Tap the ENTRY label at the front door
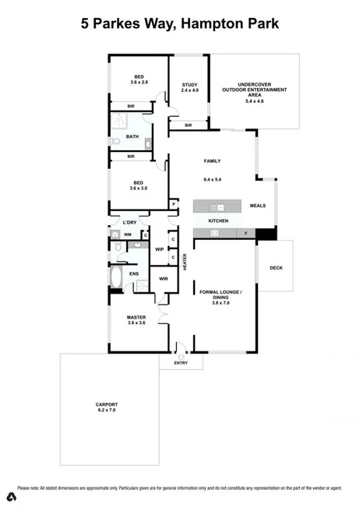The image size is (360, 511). (181, 362)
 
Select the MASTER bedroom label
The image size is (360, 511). (136, 317)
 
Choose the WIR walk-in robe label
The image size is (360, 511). (164, 278)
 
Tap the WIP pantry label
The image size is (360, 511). (159, 250)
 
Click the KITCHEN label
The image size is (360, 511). (218, 222)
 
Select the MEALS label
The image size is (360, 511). (258, 206)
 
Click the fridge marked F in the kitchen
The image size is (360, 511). (246, 233)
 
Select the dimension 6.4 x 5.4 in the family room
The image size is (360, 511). (213, 180)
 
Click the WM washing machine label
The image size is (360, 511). (128, 234)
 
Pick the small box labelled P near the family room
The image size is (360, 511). (174, 205)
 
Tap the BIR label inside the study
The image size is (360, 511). (189, 125)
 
